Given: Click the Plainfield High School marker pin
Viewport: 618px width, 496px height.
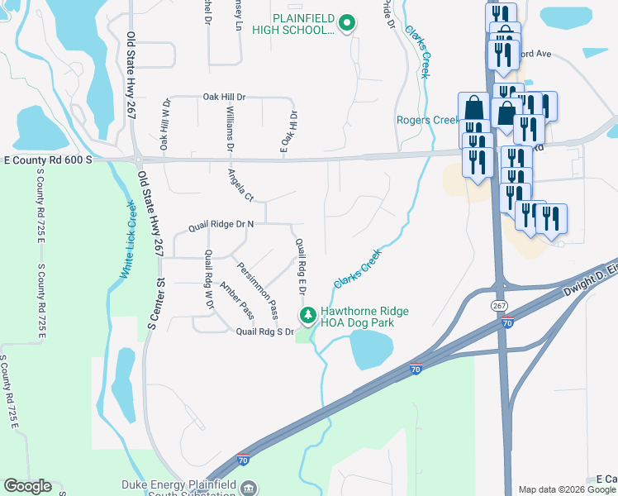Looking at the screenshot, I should (348, 23).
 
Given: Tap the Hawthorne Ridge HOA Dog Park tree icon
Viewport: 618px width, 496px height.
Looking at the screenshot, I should (307, 315).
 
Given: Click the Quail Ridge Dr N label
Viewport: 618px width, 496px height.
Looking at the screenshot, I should (221, 223).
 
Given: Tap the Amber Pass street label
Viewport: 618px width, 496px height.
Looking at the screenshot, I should (236, 301).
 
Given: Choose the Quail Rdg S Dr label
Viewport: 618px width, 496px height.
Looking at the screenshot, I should (265, 331).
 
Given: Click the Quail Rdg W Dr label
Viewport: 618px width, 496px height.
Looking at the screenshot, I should (209, 279).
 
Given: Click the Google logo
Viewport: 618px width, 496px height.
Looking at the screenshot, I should (27, 486).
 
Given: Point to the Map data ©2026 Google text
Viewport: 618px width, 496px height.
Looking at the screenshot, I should (566, 489).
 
